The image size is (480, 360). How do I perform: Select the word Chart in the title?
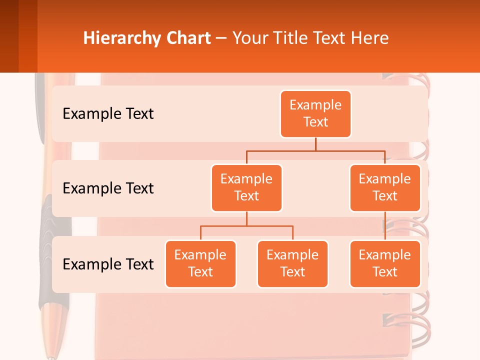tap(188, 38)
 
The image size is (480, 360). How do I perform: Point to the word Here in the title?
tap(369, 38)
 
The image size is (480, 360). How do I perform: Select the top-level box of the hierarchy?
tap(315, 114)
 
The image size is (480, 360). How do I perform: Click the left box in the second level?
tap(246, 188)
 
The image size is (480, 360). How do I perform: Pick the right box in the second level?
tap(385, 188)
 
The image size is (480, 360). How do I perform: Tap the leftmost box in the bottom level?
tap(200, 264)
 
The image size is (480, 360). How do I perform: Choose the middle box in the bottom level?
tap(292, 264)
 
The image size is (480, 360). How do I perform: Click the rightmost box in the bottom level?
tap(385, 264)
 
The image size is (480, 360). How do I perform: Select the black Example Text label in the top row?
tap(108, 114)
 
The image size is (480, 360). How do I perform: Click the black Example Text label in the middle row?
tap(108, 188)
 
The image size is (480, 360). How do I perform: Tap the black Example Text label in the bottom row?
tap(108, 264)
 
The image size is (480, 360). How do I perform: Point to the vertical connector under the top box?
tap(315, 144)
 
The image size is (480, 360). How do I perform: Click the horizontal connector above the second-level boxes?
tap(315, 150)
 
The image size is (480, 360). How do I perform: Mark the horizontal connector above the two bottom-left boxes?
tap(246, 226)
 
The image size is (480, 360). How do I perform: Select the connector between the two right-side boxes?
tap(385, 226)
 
